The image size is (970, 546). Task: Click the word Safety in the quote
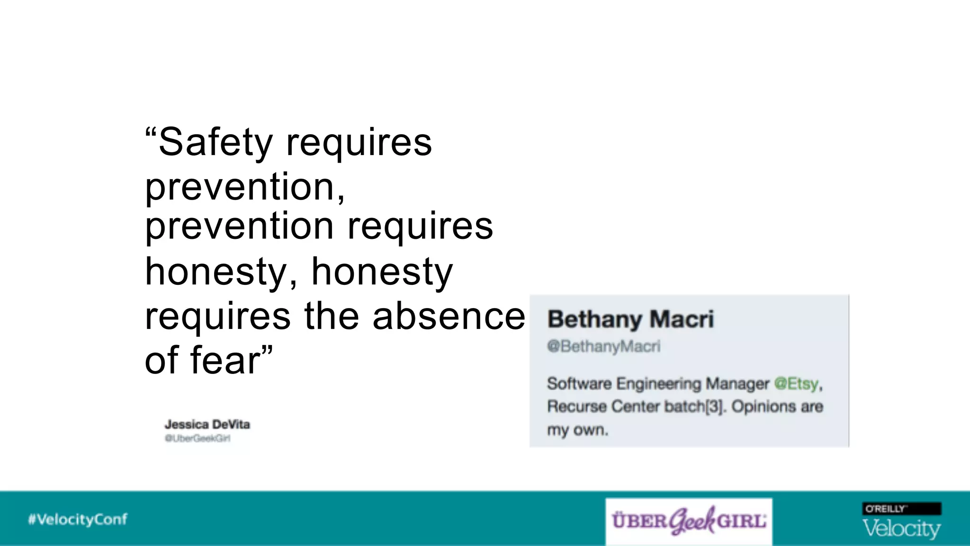pos(216,142)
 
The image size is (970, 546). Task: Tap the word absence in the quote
pos(449,316)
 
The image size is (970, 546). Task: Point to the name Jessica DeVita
pos(207,424)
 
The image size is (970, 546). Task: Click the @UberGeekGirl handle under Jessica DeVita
pos(198,438)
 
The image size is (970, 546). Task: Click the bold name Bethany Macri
pos(630,319)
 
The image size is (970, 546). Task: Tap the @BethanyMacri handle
pos(603,346)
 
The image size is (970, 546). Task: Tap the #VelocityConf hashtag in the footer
pos(78,519)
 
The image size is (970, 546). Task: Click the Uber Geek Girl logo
pos(689,521)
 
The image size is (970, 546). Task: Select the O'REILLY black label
pos(901,509)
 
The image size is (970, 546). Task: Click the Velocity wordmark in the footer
pos(901,528)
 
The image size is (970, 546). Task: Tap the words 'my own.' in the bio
pos(577,430)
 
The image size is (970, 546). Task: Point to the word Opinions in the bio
pos(763,406)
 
